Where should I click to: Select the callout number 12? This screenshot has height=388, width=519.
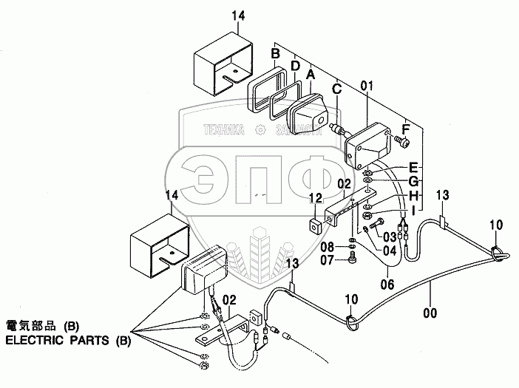tap(316, 197)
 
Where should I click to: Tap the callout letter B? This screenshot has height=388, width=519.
tap(275, 54)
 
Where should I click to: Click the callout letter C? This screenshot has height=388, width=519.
tap(336, 89)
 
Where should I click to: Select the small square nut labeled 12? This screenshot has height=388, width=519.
tap(314, 223)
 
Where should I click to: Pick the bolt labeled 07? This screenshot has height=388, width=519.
tap(353, 258)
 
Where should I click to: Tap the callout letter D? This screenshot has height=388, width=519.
tap(294, 66)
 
